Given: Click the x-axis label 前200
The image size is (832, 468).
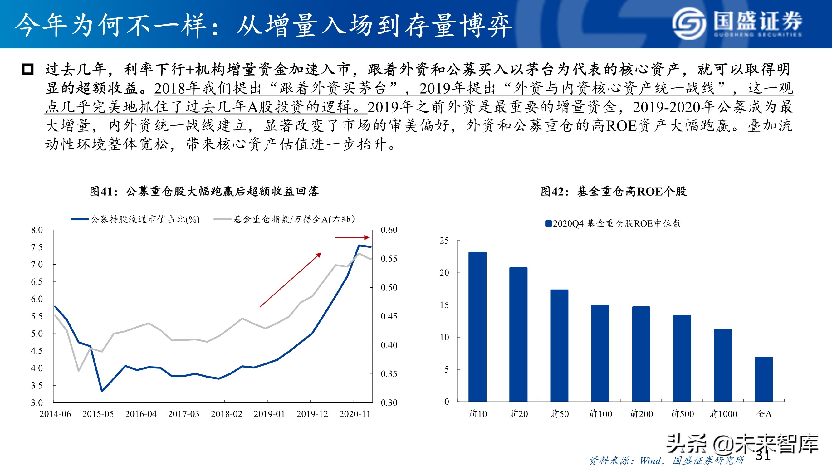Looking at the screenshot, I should [x=641, y=414].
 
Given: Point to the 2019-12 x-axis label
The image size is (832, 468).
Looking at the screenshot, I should [x=312, y=414].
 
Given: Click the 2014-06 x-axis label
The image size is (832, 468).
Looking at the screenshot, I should [x=55, y=414].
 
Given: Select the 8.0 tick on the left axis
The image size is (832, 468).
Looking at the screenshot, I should [x=37, y=230].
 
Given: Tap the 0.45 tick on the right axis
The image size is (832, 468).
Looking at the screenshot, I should [x=389, y=316].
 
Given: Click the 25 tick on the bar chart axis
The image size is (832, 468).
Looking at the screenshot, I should [x=444, y=241].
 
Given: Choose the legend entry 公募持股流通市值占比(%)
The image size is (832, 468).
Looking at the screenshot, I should [x=135, y=220].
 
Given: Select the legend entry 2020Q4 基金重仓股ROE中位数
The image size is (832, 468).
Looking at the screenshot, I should [x=613, y=223].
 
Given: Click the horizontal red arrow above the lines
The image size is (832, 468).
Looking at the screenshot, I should [x=352, y=237].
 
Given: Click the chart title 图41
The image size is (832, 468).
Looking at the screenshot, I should [x=204, y=191].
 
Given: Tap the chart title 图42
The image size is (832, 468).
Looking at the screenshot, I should [x=614, y=191].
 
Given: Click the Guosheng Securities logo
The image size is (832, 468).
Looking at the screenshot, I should [x=737, y=23].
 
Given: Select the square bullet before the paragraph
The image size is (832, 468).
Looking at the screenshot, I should [x=28, y=69].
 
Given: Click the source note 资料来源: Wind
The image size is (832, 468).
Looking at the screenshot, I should [x=667, y=460].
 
